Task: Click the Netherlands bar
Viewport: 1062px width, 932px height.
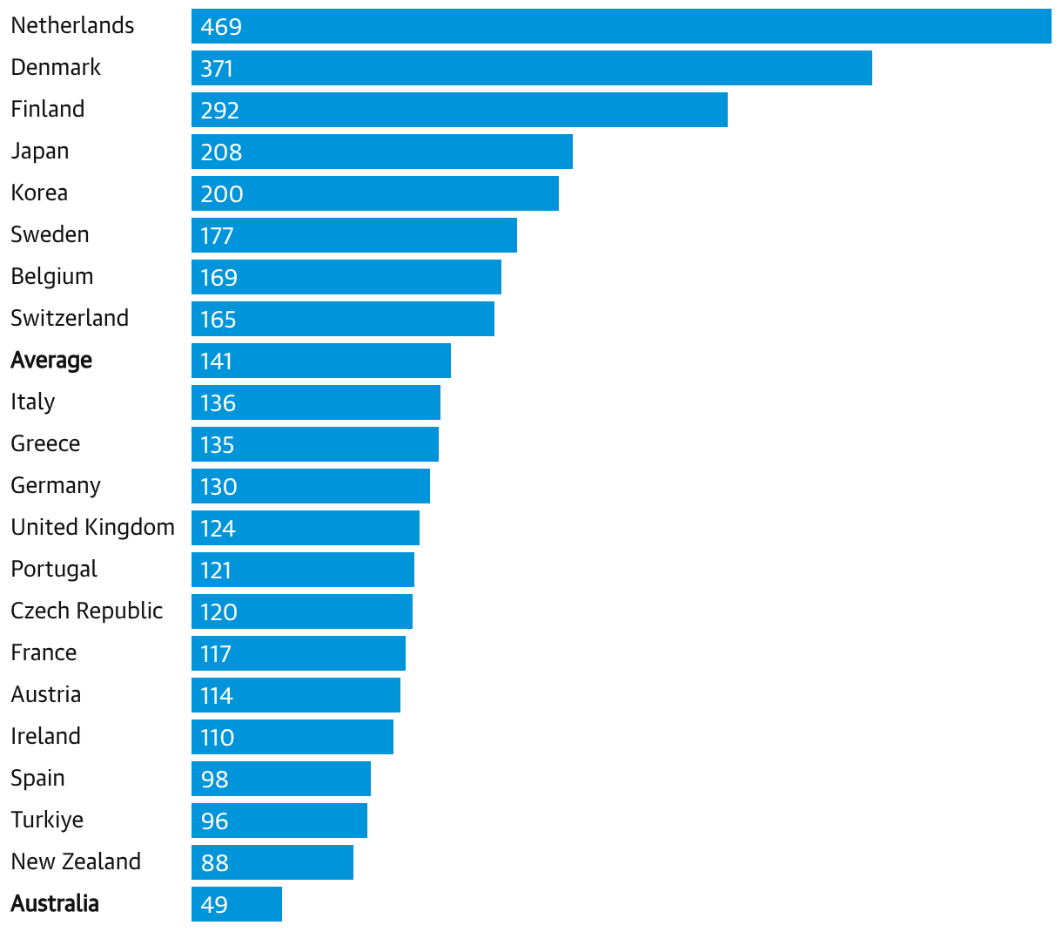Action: pos(622,26)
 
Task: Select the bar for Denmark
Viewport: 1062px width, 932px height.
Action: pos(532,68)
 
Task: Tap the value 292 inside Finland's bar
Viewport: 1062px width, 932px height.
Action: pos(219,111)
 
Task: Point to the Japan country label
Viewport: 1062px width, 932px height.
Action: pos(40,152)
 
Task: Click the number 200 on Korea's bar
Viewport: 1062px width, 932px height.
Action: pos(222,194)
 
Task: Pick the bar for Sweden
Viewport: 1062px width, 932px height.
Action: pos(353,235)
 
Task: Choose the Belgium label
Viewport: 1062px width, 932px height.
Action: pos(52,277)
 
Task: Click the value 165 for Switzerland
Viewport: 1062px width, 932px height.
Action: pos(218,320)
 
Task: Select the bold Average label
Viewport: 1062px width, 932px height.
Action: pos(51,361)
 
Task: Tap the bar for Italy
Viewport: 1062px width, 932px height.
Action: pos(316,402)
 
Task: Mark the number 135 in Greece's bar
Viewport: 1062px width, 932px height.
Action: pos(217,445)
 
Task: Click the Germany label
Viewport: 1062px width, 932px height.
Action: pos(56,486)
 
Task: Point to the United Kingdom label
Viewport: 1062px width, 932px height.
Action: pos(93,527)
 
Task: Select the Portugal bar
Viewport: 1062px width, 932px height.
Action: pos(302,570)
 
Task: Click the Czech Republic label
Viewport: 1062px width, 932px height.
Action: pos(86,611)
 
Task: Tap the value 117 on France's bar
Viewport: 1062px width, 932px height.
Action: pos(215,654)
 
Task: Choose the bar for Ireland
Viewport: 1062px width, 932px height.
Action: pos(292,737)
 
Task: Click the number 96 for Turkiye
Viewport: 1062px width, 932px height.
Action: pos(214,821)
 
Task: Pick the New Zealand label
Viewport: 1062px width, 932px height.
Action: pos(76,861)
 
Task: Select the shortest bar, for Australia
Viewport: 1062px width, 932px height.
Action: pos(237,904)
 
